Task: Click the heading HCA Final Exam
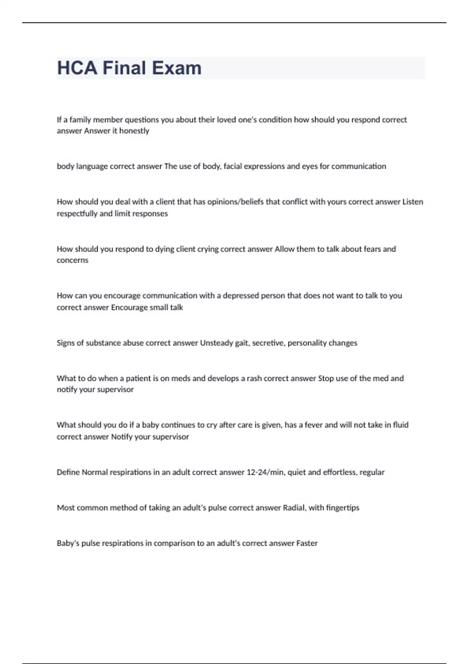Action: pyautogui.click(x=129, y=68)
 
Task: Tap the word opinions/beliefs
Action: pyautogui.click(x=235, y=202)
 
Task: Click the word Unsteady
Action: pyautogui.click(x=216, y=343)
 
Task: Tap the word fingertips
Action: pyautogui.click(x=342, y=508)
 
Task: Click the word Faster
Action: pyautogui.click(x=307, y=543)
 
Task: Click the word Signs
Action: pyautogui.click(x=65, y=343)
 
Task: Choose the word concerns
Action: pyautogui.click(x=73, y=261)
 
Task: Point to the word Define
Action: pyautogui.click(x=68, y=472)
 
